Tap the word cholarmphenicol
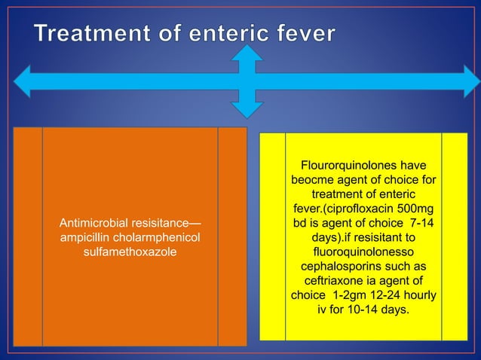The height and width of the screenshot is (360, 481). point(155,237)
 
